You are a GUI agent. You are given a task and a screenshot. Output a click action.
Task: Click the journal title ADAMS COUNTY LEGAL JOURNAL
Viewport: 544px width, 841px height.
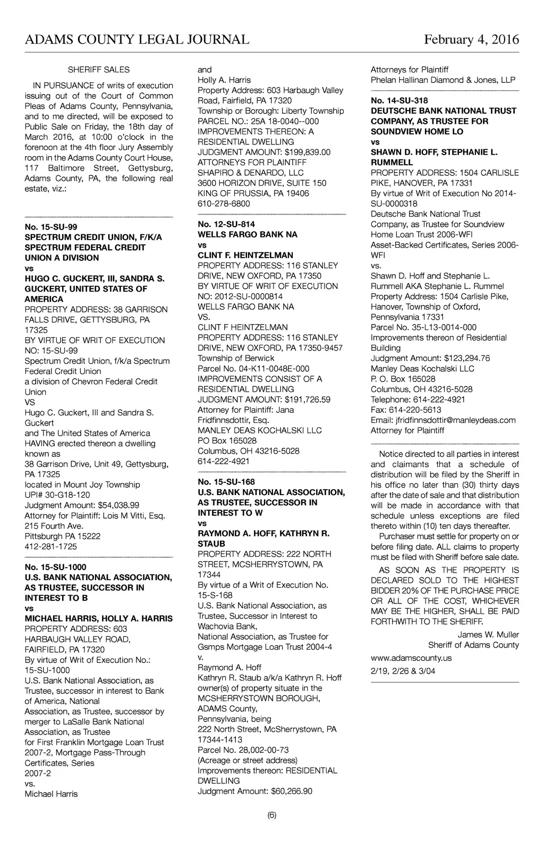(x=137, y=40)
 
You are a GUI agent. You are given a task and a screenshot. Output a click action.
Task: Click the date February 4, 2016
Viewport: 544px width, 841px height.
(x=471, y=40)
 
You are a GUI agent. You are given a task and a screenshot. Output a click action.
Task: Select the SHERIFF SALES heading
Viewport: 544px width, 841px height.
(x=99, y=70)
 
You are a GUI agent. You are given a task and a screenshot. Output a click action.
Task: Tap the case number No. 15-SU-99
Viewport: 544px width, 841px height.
(x=51, y=227)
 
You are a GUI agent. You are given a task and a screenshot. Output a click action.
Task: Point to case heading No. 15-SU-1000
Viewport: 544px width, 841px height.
(x=55, y=567)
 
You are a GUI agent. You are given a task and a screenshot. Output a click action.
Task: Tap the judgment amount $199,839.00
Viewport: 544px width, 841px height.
(x=308, y=152)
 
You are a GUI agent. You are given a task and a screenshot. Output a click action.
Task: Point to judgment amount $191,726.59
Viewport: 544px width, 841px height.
(x=308, y=400)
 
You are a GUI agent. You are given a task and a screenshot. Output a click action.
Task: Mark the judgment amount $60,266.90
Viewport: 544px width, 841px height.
(x=292, y=791)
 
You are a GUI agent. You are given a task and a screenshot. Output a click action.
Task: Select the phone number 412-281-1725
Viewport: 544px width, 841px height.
(x=51, y=547)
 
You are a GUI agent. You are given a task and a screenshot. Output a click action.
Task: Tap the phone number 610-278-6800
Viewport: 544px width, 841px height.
(x=224, y=203)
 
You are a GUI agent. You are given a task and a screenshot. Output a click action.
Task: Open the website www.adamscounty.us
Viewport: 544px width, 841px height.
(x=411, y=658)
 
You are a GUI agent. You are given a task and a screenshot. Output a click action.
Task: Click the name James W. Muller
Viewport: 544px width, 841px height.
(x=488, y=634)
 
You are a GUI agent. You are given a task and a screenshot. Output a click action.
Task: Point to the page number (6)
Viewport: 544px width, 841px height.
(x=272, y=815)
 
